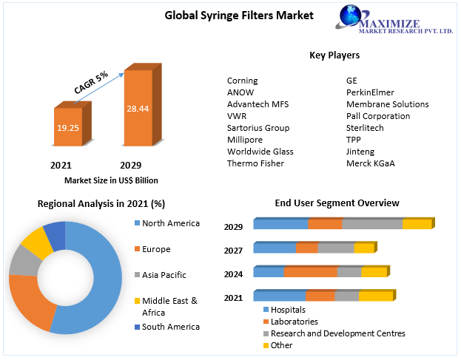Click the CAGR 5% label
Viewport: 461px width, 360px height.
pos(91,82)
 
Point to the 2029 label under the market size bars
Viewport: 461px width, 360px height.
pos(130,165)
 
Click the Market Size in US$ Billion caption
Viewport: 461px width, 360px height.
pos(111,180)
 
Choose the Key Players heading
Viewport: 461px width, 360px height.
pos(334,55)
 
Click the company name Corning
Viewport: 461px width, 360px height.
pos(242,81)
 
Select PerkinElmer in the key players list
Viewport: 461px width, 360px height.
pos(370,92)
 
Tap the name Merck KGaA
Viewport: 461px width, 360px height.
pos(370,163)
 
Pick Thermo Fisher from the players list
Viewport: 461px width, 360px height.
pos(255,163)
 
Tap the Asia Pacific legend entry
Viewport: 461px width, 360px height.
pos(164,275)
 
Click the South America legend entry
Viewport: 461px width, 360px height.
pos(170,327)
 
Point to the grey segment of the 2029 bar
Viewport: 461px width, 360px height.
pos(372,224)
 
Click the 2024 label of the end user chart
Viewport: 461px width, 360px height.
pos(234,274)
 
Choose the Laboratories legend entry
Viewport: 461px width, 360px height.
pos(294,322)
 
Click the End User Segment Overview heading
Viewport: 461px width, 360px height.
pos(337,203)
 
